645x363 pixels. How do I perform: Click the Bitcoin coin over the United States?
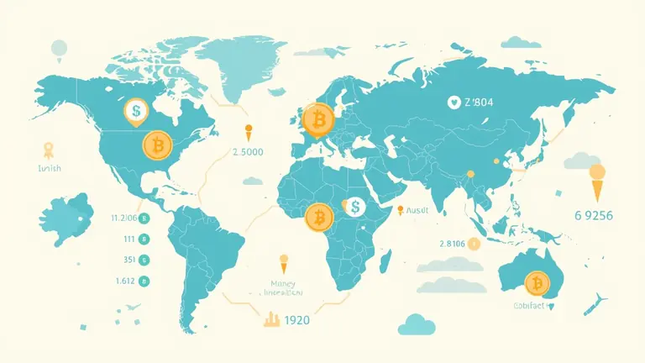coord(157,146)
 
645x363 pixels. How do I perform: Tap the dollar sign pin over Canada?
coord(134,110)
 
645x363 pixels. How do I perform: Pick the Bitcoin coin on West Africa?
coord(319,218)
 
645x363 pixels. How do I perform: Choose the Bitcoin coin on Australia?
coord(534,282)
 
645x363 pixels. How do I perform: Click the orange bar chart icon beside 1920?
coord(271,319)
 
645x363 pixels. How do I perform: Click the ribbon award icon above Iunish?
coord(48,150)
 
